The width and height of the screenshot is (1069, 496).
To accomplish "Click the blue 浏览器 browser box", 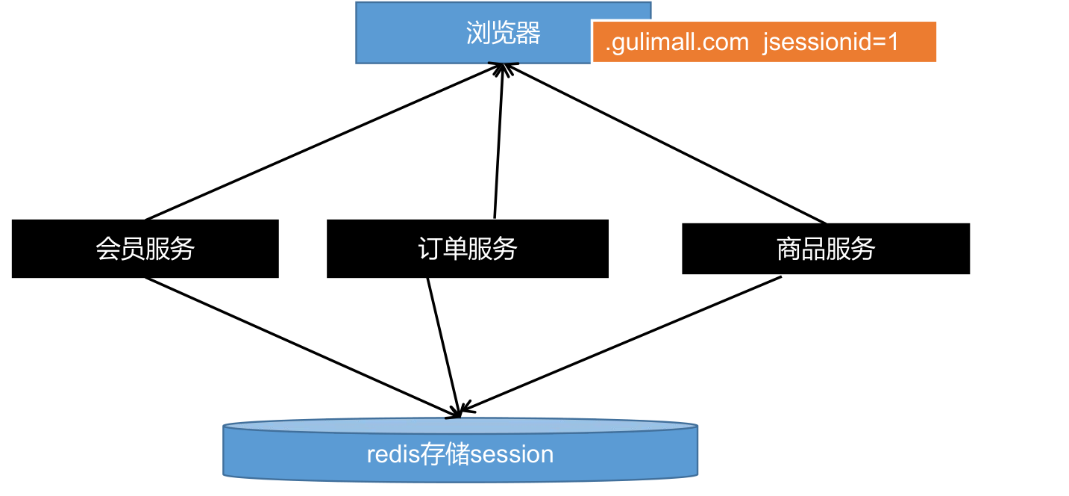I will [418, 34].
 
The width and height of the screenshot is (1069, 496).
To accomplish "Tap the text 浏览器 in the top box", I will [503, 33].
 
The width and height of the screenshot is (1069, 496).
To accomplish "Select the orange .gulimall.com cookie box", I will [764, 42].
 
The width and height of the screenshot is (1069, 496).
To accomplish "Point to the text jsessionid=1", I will [830, 42].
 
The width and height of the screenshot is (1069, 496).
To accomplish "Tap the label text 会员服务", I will [145, 248].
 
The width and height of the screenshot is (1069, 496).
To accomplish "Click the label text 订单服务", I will [468, 248].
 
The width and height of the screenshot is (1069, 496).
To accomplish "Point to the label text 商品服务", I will [825, 248].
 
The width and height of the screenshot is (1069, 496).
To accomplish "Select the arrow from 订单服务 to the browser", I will [498, 142].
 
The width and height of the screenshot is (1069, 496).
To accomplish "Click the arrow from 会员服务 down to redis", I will [298, 344].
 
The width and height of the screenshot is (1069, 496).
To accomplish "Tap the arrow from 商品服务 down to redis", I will [623, 344].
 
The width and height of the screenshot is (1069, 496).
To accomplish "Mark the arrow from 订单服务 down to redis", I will [442, 344].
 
